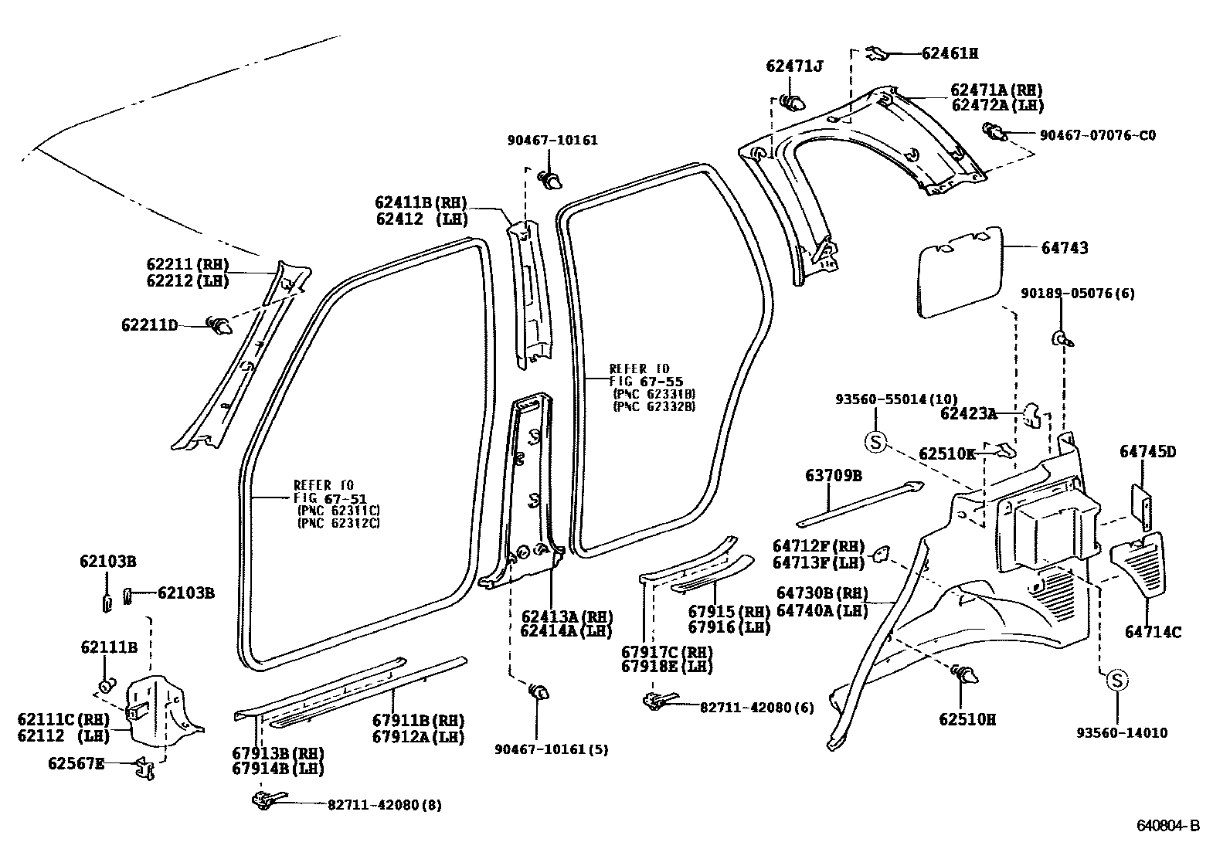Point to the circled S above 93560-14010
(1117, 681)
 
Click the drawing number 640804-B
(1167, 826)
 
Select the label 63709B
(833, 475)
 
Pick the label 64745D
(1147, 452)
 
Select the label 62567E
(75, 763)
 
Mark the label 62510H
(967, 719)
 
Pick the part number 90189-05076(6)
(1077, 294)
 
